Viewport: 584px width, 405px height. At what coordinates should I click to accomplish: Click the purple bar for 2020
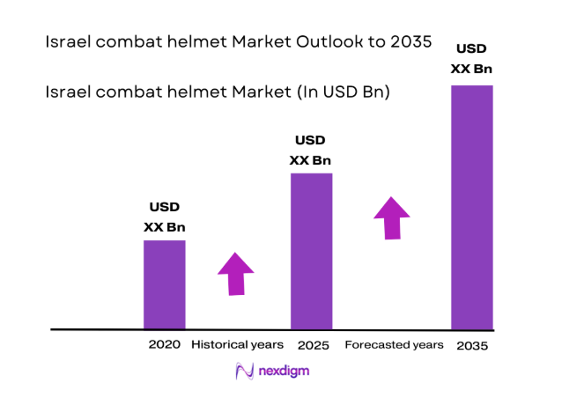[165, 283]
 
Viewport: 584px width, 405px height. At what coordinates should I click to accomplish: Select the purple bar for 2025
[311, 251]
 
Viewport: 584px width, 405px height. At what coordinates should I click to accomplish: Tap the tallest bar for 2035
[471, 207]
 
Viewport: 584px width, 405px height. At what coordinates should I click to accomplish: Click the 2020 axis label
[165, 344]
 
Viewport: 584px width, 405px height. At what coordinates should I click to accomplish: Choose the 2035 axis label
[472, 346]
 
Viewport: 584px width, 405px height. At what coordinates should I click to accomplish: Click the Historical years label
[238, 344]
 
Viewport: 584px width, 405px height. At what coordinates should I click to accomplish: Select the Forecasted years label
[394, 344]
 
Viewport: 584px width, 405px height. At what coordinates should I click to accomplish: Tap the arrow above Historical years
[235, 274]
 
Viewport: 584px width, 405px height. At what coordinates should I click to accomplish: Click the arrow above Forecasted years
[391, 217]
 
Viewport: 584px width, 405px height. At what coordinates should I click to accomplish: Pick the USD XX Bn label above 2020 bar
[165, 217]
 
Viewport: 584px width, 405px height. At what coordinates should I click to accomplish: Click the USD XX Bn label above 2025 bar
[311, 150]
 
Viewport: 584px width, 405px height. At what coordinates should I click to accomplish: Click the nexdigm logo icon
[245, 372]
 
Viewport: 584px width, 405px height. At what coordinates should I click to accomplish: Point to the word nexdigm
[285, 372]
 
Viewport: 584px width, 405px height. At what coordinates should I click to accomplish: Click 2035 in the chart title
[411, 41]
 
